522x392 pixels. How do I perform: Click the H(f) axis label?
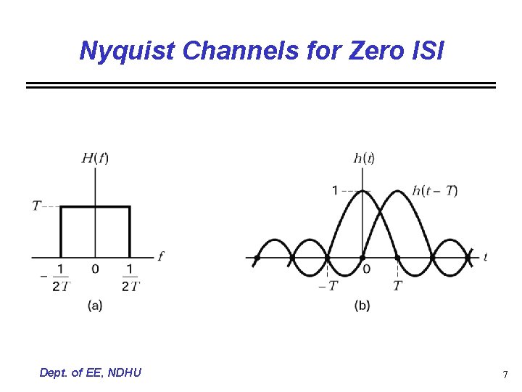(x=95, y=158)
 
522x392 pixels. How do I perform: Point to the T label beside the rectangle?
(x=36, y=206)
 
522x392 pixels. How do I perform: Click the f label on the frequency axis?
(x=160, y=256)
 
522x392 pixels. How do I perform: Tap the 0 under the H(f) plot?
(x=95, y=270)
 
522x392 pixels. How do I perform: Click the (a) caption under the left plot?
(x=95, y=306)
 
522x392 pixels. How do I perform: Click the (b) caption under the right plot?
(x=362, y=306)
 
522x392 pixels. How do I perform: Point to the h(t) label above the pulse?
(x=364, y=158)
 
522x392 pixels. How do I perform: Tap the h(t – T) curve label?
(x=434, y=191)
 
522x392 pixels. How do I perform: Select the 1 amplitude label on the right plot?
(x=335, y=191)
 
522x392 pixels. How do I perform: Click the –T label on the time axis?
(x=328, y=285)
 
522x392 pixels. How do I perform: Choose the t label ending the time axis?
(x=485, y=257)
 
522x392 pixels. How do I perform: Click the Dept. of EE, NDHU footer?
(x=91, y=372)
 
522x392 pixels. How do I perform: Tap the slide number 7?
(x=505, y=375)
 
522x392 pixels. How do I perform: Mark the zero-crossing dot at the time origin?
(x=362, y=257)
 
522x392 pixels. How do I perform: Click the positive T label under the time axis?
(x=397, y=285)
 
